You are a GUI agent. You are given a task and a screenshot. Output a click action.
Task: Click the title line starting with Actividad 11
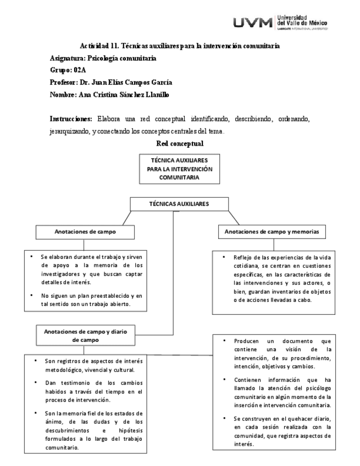(x=180, y=46)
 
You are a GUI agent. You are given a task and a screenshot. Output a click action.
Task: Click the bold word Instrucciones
(x=70, y=119)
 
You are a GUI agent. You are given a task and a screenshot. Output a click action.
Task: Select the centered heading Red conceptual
(x=179, y=143)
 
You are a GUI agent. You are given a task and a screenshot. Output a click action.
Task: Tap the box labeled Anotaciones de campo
(x=85, y=232)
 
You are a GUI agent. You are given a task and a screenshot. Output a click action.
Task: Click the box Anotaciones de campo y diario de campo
(x=85, y=336)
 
